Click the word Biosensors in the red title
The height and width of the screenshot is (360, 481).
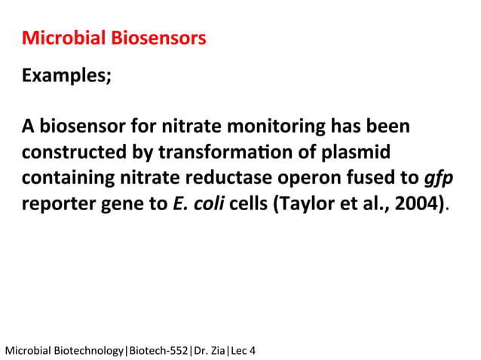coord(158,38)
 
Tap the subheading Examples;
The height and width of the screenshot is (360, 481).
coord(67,76)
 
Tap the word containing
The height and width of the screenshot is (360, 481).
coord(67,178)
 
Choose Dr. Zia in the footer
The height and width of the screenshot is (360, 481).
coord(209,349)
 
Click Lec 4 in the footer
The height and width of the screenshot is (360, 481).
coord(243,349)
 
